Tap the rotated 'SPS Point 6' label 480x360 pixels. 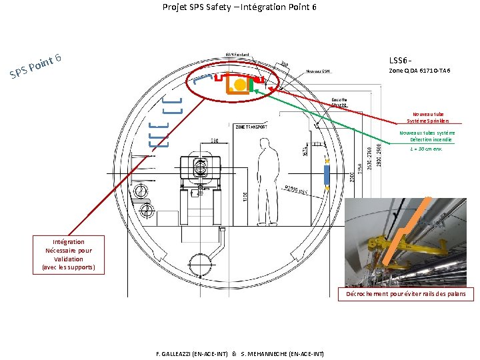click(x=36, y=66)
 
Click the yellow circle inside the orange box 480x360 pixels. click(x=239, y=85)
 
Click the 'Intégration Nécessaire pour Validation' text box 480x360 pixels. click(x=69, y=255)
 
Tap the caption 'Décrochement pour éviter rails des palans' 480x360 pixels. click(x=406, y=294)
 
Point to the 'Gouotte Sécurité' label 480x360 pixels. click(x=339, y=103)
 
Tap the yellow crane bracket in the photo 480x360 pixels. click(x=383, y=250)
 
